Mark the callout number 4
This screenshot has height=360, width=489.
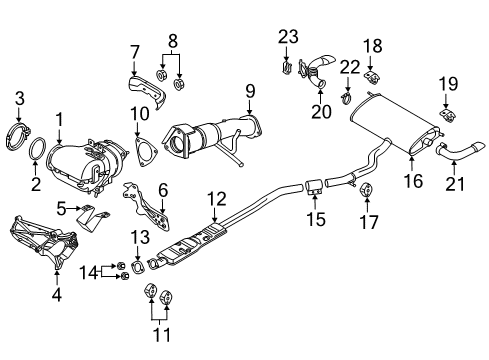[56, 294]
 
